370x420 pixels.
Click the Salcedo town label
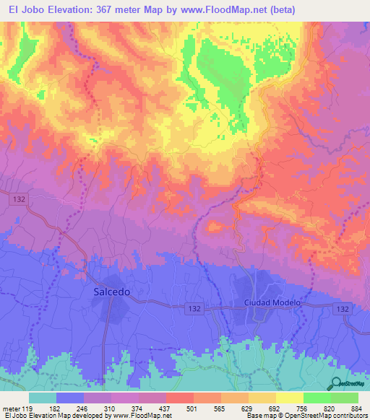point(112,292)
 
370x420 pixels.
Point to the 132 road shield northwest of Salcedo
point(20,198)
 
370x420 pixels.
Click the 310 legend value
point(110,409)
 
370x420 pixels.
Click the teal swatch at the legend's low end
point(43,398)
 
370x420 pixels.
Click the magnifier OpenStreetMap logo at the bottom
point(335,384)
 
